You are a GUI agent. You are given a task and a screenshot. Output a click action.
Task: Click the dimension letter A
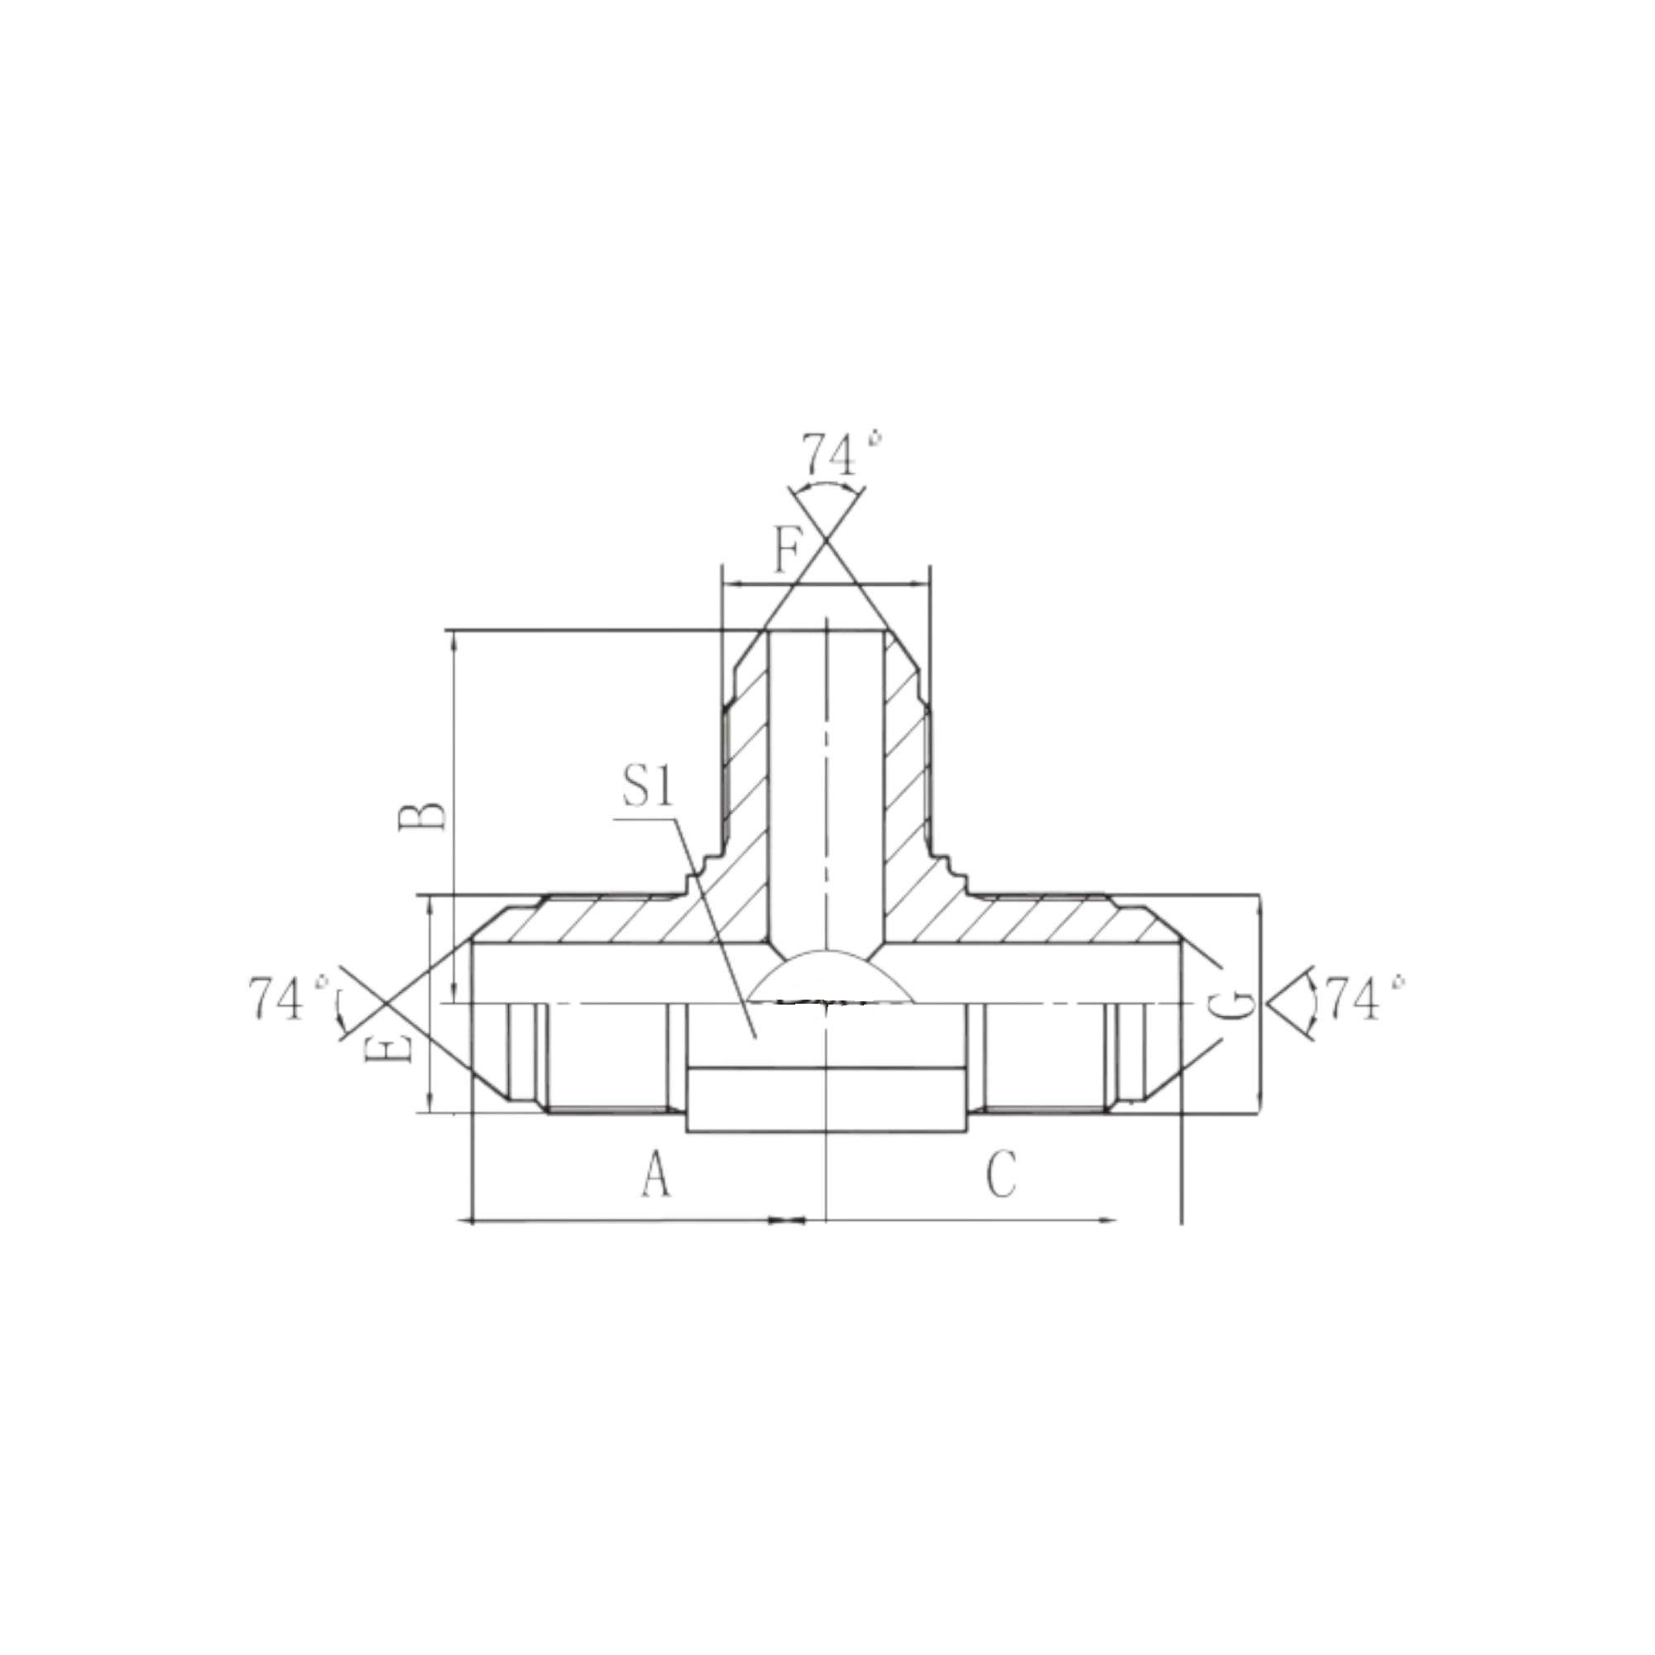tap(656, 1173)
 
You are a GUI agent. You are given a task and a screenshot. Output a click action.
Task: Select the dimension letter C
tap(1000, 1173)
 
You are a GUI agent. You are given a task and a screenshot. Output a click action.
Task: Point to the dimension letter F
tap(787, 550)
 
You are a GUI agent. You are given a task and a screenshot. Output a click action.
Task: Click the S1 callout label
tap(649, 785)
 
